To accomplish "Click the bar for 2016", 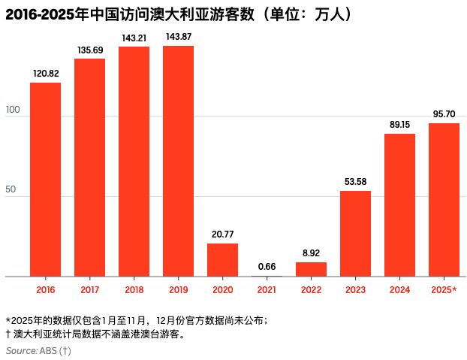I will tap(45, 180).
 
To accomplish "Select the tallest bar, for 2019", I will tap(178, 161).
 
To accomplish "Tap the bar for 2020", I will tap(222, 260).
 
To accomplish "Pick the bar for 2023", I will tap(355, 234).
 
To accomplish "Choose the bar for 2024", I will tap(399, 205).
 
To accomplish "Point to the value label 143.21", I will tap(134, 37).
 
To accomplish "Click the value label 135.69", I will tap(89, 50).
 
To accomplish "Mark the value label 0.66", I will tap(267, 266).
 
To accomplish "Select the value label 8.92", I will tap(311, 253).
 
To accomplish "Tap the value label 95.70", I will tap(444, 113).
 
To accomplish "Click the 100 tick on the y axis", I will tap(13, 110).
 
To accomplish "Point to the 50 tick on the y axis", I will tap(11, 190).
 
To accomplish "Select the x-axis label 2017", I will tap(89, 289).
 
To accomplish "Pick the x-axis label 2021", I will tap(267, 289).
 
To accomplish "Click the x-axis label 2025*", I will tap(444, 289).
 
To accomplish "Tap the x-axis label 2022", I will tap(311, 289).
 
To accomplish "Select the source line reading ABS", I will tap(38, 350).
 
